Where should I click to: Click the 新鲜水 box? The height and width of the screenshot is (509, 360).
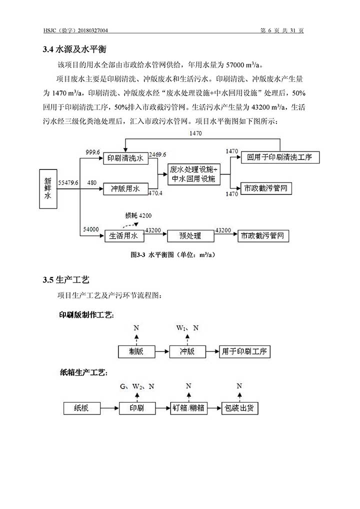tap(48, 188)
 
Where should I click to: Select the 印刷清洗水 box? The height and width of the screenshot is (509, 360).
tap(125, 158)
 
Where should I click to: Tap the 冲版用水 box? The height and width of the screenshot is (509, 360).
tap(125, 188)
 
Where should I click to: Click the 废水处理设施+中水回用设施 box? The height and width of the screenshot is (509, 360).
tap(194, 174)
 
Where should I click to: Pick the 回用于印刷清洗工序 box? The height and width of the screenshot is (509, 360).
tap(280, 157)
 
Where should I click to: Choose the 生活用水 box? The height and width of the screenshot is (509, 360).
tap(124, 236)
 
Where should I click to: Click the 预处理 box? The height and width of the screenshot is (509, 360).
tap(190, 236)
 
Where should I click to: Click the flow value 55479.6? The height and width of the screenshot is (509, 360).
tap(68, 183)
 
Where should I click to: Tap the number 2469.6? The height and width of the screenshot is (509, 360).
tap(157, 154)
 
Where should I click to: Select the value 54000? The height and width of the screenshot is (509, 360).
tap(91, 229)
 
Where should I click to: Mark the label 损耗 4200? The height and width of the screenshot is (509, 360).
tap(138, 215)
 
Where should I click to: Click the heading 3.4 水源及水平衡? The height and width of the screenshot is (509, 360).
tap(74, 49)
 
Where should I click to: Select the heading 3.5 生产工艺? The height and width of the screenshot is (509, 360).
tap(66, 280)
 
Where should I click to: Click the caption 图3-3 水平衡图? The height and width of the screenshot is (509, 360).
tap(172, 255)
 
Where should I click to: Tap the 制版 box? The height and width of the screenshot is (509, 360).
tap(136, 351)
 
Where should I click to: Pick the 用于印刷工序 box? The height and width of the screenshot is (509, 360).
tap(244, 351)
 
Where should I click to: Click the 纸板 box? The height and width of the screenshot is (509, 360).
tap(82, 408)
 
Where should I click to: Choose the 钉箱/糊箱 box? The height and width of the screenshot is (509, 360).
tap(188, 408)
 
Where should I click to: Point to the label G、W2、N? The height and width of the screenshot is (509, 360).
tap(137, 386)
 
